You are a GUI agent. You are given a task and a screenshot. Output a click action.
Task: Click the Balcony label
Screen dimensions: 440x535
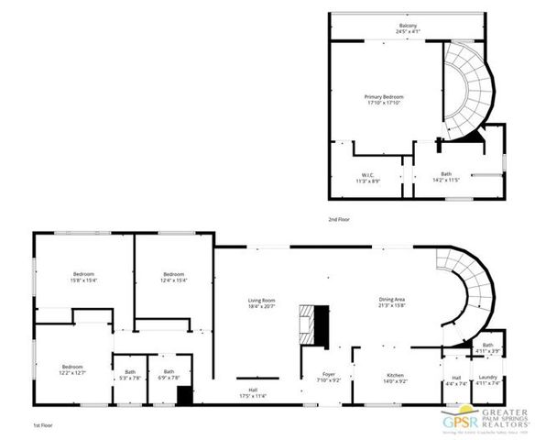(409, 27)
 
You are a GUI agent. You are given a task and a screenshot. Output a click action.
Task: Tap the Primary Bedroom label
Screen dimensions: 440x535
(384, 100)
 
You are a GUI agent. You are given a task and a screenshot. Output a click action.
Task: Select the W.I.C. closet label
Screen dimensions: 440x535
(367, 178)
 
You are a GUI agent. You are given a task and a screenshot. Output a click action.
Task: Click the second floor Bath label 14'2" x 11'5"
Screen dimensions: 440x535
(446, 178)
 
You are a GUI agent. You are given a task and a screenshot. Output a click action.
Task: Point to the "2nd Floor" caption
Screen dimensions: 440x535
(339, 220)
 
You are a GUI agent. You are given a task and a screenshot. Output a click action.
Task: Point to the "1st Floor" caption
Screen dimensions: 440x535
(42, 426)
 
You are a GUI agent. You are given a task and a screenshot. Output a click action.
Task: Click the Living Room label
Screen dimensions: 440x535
(262, 303)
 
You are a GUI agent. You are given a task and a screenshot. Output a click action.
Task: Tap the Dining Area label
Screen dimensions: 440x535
(393, 303)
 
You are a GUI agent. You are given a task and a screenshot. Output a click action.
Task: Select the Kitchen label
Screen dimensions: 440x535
(395, 379)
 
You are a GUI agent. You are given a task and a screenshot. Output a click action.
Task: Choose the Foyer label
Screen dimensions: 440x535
(328, 377)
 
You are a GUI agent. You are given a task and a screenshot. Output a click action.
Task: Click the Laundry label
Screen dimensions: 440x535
(487, 380)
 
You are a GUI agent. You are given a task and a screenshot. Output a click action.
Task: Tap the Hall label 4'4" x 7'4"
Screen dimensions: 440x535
(457, 380)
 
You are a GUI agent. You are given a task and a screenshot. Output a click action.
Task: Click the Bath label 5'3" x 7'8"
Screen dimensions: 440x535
(129, 375)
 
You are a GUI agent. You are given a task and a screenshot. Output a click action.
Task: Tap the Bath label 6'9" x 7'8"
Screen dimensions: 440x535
(169, 375)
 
